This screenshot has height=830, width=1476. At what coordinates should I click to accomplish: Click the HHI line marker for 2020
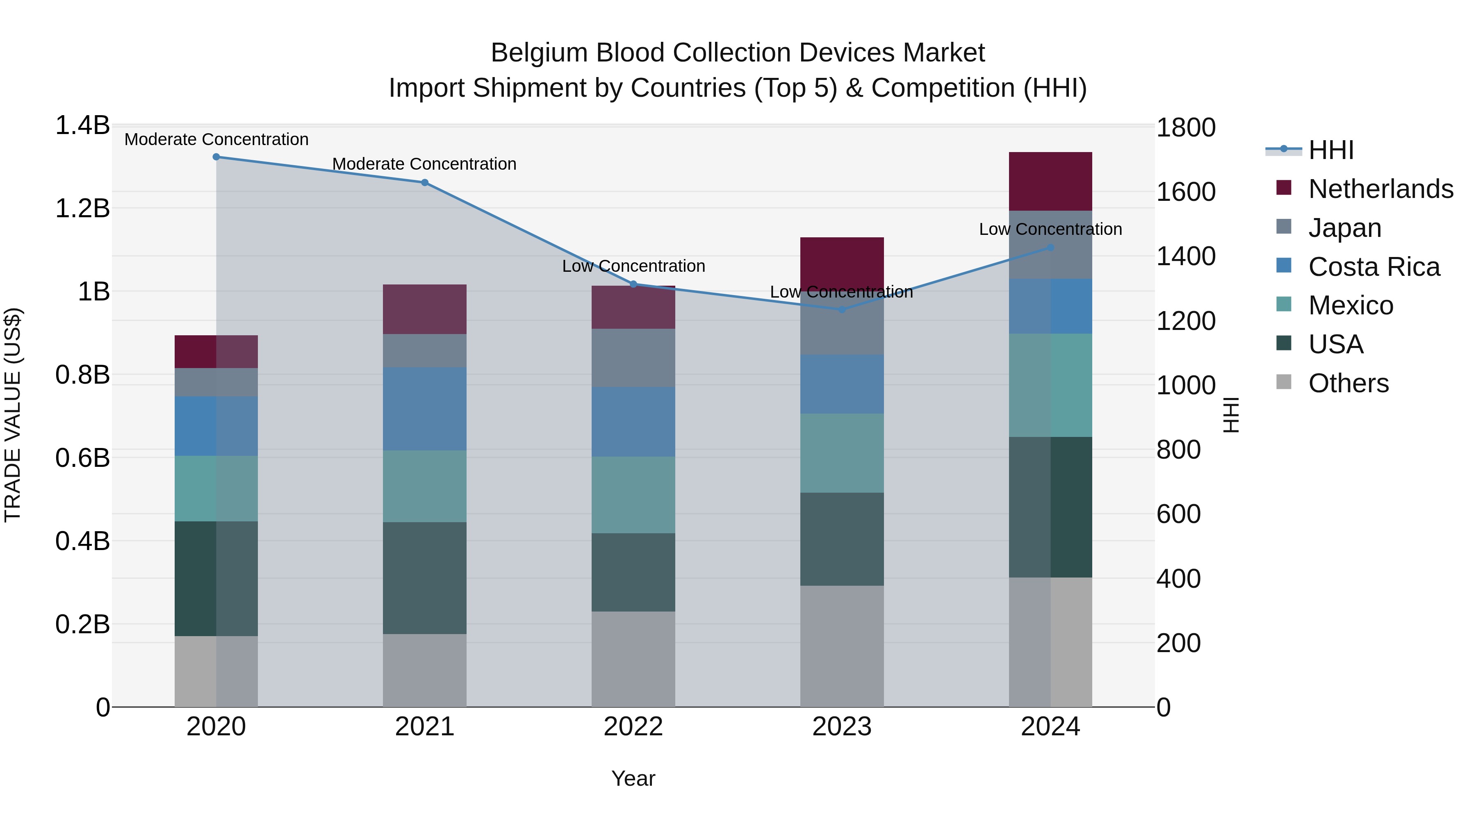pos(216,157)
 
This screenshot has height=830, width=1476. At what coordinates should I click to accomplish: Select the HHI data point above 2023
pos(842,309)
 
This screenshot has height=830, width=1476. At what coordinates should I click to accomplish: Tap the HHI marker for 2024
pos(1050,248)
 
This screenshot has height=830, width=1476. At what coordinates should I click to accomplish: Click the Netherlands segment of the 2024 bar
pos(1050,182)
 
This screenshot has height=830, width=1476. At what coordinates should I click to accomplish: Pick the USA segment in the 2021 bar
pos(425,578)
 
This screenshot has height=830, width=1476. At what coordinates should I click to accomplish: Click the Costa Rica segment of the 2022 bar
pos(633,422)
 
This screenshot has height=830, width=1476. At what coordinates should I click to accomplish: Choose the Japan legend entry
pos(1344,228)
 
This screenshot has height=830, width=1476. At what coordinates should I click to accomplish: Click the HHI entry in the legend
pos(1330,150)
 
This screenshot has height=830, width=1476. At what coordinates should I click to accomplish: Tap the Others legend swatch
pos(1284,382)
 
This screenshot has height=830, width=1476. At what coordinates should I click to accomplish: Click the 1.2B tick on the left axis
pos(82,209)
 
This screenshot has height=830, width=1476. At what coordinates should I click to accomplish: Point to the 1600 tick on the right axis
pos(1185,192)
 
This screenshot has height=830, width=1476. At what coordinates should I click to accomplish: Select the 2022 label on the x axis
pos(633,727)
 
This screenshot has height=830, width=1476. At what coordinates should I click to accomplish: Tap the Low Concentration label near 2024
pos(1050,229)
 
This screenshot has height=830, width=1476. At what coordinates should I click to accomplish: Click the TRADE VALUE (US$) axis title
pos(13,415)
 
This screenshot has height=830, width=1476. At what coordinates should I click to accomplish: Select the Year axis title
pos(633,778)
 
